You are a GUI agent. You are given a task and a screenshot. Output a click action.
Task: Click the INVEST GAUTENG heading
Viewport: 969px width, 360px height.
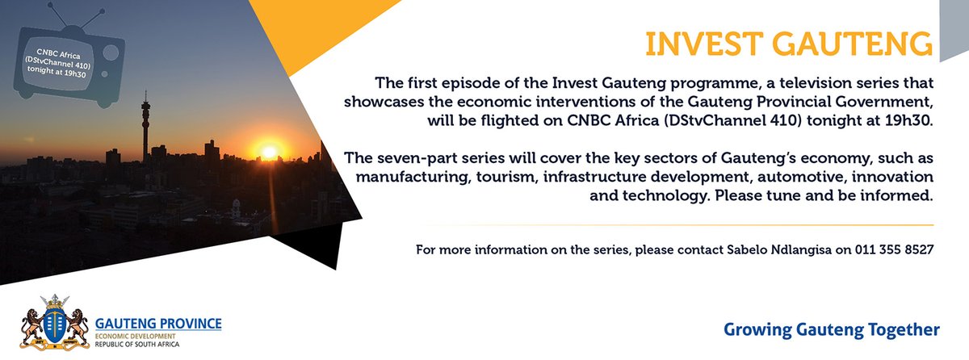pos(787,44)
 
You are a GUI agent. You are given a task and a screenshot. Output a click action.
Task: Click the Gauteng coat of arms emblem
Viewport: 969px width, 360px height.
pos(55,323)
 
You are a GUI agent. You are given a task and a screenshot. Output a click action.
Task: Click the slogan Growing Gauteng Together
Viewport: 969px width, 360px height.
pos(832,329)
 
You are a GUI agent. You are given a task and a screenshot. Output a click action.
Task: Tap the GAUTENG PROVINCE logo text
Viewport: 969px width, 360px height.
pos(157,324)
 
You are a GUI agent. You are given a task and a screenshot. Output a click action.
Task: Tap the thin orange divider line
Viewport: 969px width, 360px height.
pos(678,225)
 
